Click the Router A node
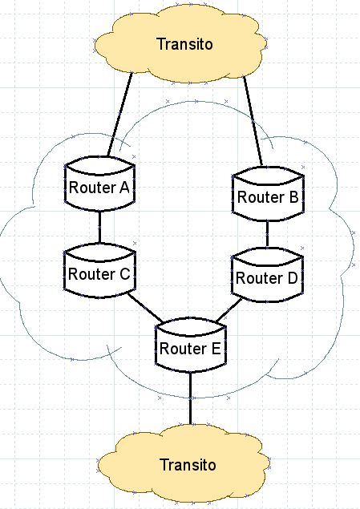(x=99, y=184)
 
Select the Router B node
(x=268, y=194)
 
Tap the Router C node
(x=99, y=270)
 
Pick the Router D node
(x=267, y=275)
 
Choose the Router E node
(x=191, y=345)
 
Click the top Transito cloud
(x=180, y=43)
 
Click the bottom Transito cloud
(x=184, y=463)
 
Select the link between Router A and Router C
(x=99, y=227)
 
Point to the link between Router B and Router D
(x=267, y=235)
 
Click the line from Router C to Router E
(x=145, y=308)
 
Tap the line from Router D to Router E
(x=229, y=309)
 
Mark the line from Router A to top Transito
(x=119, y=115)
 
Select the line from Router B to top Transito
(x=253, y=121)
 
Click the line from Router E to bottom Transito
(x=191, y=398)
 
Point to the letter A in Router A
(x=124, y=188)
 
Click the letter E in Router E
(x=216, y=349)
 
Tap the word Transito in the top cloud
(x=184, y=44)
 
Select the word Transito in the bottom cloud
(x=188, y=465)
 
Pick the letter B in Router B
(x=293, y=197)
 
